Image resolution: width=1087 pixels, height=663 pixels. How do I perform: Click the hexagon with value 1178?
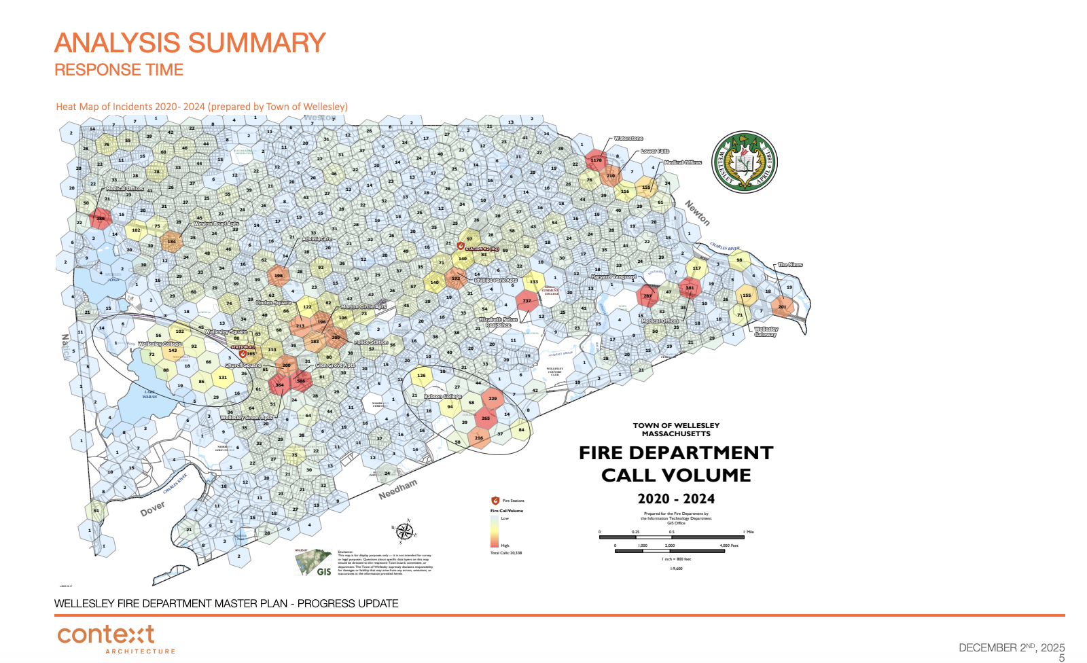[x=596, y=160]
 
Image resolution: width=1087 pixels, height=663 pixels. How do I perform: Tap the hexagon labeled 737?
[x=527, y=300]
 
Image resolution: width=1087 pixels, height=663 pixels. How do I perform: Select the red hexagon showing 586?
[x=301, y=381]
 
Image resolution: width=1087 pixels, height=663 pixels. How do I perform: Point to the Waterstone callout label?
[x=628, y=138]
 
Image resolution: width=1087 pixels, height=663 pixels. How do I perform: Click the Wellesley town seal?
[x=744, y=162]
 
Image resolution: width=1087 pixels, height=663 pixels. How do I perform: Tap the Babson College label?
[x=443, y=396]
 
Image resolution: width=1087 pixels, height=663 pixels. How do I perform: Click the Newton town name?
[x=697, y=213]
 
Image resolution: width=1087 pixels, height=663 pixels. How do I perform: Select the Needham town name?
[x=397, y=489]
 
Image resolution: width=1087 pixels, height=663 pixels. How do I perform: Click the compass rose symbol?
[x=405, y=531]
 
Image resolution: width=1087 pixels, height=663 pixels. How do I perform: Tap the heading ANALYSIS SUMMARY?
[x=190, y=43]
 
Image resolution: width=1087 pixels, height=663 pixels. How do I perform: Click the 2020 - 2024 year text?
[x=675, y=499]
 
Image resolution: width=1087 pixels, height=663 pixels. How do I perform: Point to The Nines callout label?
[x=790, y=264]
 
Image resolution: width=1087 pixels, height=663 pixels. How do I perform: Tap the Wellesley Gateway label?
[x=766, y=331]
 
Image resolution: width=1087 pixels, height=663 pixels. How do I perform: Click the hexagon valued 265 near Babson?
[x=485, y=418]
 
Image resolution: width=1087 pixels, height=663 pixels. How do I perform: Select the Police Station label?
[x=371, y=342]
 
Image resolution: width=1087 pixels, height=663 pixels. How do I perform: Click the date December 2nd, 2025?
[x=1011, y=647]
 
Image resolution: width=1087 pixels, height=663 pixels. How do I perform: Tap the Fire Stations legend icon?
[x=495, y=501]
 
